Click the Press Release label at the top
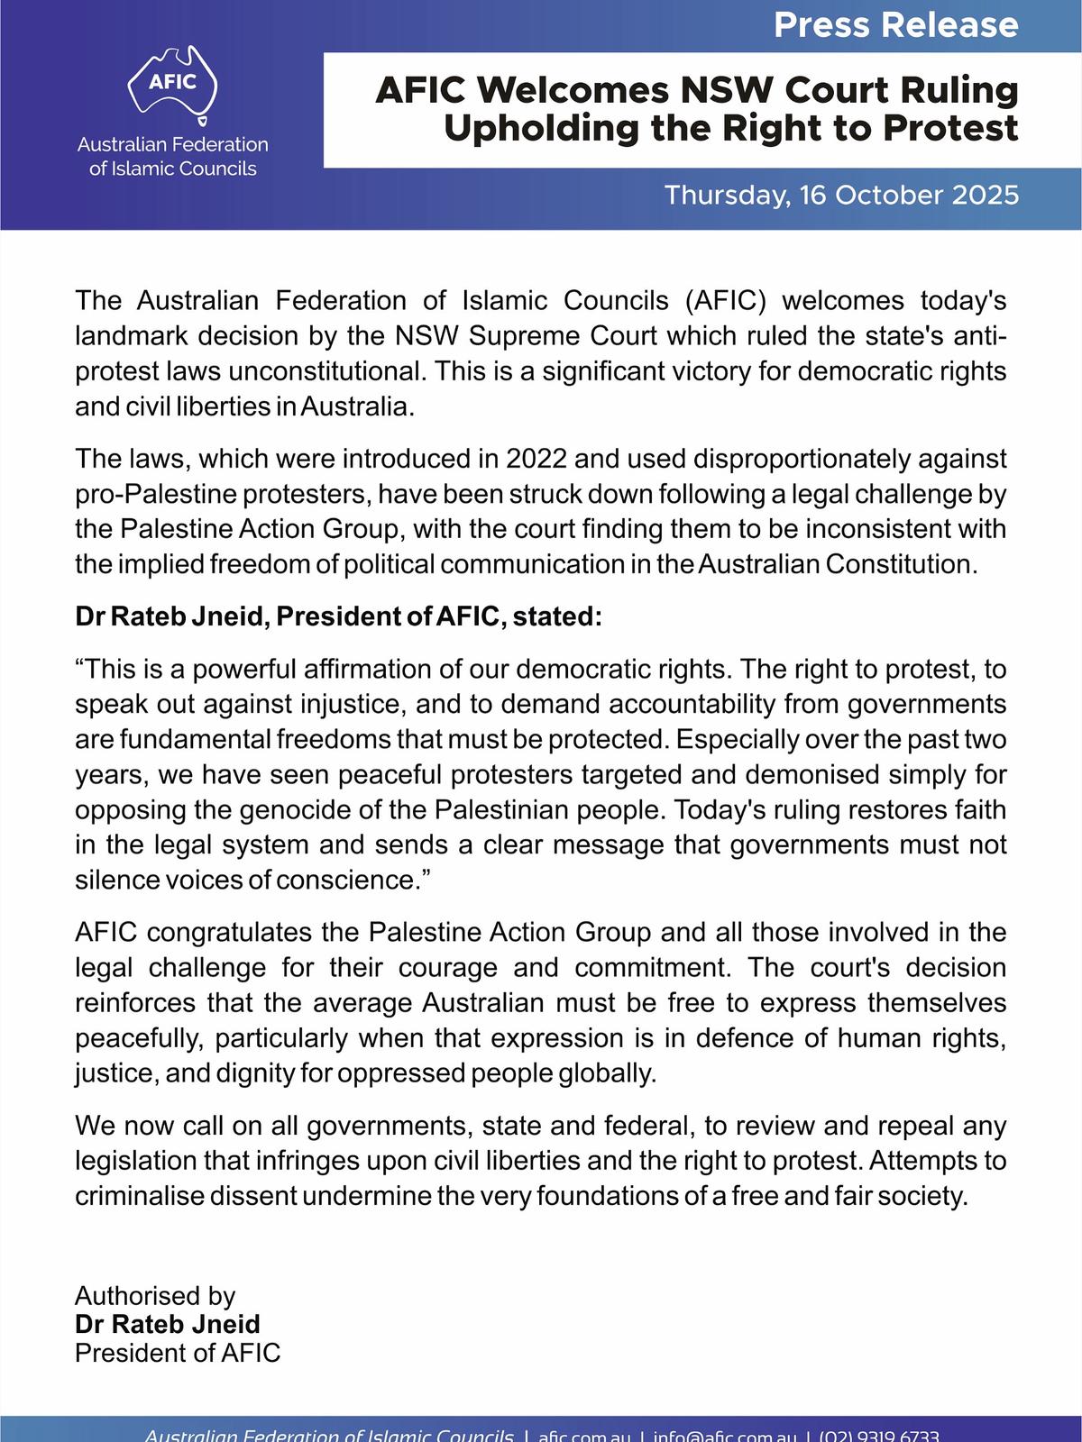(895, 24)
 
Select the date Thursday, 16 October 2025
(841, 196)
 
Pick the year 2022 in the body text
(536, 459)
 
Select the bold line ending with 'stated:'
(337, 617)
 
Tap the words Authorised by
(154, 1296)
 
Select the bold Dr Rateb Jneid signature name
(168, 1324)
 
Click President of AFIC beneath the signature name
(178, 1353)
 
